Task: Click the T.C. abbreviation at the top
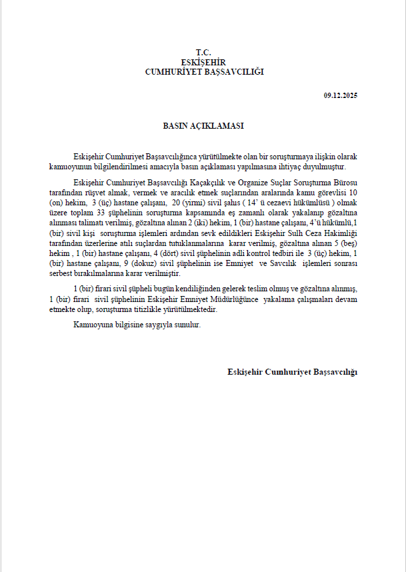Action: tap(203, 52)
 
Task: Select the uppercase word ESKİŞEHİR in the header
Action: tap(203, 62)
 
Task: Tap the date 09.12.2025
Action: tap(341, 96)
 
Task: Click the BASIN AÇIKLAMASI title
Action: tap(203, 125)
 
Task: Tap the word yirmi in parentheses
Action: tap(195, 201)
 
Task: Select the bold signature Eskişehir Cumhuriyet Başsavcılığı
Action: tap(292, 371)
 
